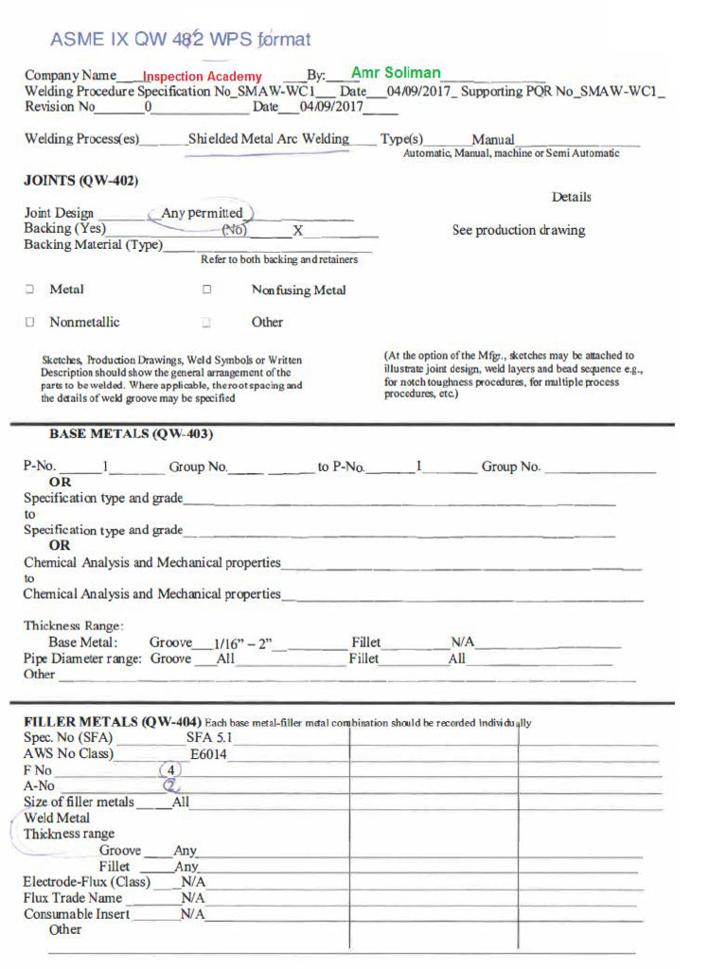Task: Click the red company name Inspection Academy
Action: [202, 76]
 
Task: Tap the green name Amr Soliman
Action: [395, 72]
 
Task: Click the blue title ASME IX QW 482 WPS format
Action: [180, 39]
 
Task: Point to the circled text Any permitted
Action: [202, 213]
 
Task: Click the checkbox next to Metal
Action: [30, 290]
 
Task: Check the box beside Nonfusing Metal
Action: [206, 291]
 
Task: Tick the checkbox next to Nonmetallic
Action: [30, 322]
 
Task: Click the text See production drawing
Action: [518, 230]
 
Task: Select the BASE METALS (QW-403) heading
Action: [131, 433]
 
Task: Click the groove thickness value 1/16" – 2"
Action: [242, 643]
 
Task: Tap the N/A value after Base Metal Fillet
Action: [462, 643]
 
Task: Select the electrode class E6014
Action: [208, 754]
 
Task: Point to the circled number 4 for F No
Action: [171, 770]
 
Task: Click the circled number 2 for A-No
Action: [171, 785]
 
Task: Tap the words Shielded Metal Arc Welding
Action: [268, 139]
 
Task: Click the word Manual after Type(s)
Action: [492, 139]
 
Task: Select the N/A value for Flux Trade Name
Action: [193, 898]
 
